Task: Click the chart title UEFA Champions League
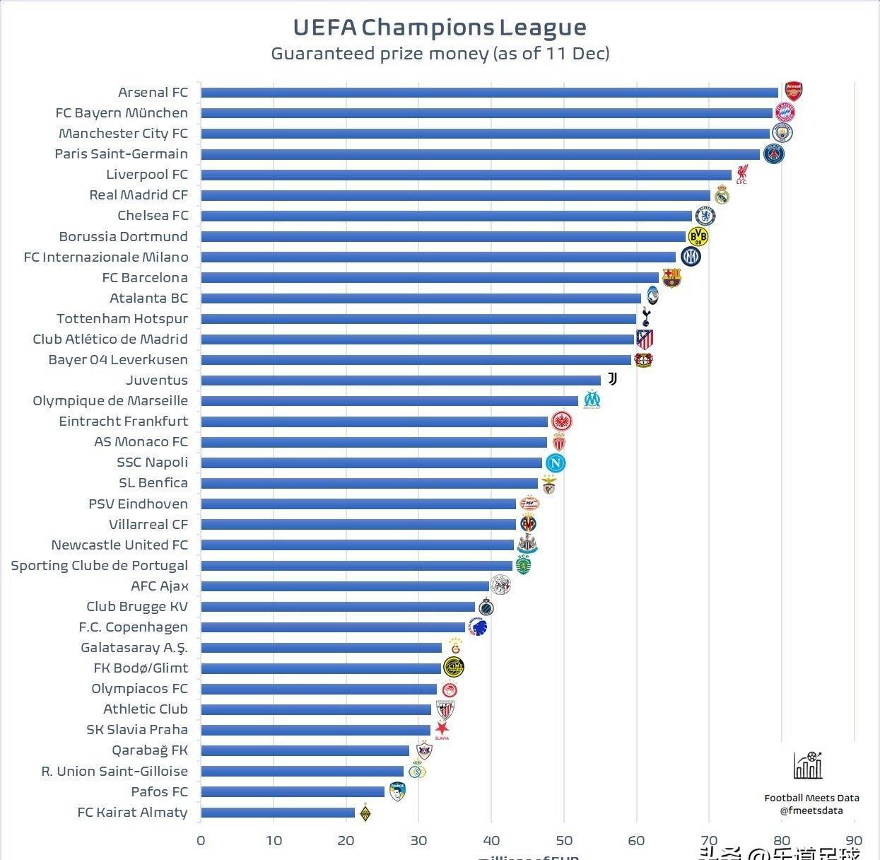click(440, 27)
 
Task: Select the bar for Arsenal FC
click(489, 93)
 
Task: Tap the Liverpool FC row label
click(147, 175)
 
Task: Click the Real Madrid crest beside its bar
click(721, 194)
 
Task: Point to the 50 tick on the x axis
click(564, 840)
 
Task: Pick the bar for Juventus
click(401, 380)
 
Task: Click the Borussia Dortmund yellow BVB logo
click(698, 236)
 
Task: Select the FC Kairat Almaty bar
click(278, 813)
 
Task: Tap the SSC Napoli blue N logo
click(556, 463)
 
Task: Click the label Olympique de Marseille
click(110, 401)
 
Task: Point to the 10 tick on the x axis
click(274, 840)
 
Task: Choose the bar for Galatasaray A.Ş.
click(321, 648)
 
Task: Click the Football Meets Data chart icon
click(809, 765)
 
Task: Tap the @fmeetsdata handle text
click(811, 810)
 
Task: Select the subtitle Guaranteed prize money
click(440, 54)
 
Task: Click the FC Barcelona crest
click(671, 277)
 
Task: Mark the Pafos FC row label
click(159, 792)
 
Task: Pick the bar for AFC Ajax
click(345, 586)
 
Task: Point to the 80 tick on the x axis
click(782, 840)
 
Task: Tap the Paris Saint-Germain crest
click(773, 153)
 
